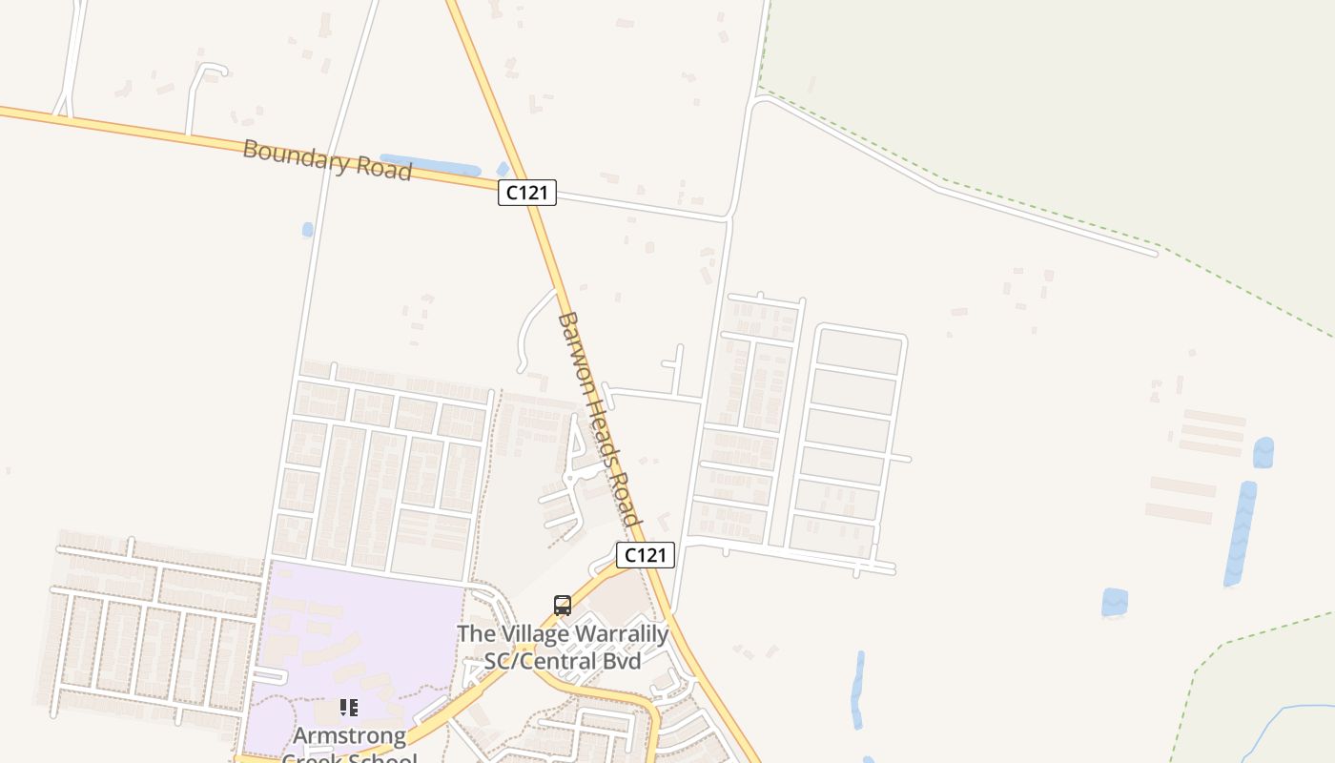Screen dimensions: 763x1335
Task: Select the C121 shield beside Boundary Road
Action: pyautogui.click(x=526, y=192)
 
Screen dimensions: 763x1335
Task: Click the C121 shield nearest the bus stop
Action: pyautogui.click(x=645, y=555)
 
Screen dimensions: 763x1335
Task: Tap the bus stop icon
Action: pyautogui.click(x=563, y=605)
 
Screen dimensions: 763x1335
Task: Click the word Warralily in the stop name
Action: pyautogui.click(x=621, y=633)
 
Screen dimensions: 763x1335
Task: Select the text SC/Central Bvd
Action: pyautogui.click(x=563, y=659)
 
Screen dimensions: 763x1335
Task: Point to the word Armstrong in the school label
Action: pyautogui.click(x=349, y=736)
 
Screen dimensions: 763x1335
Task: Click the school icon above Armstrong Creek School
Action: pyautogui.click(x=349, y=708)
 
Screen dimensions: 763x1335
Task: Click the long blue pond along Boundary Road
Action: pyautogui.click(x=429, y=165)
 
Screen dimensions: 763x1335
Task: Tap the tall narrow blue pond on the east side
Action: pyautogui.click(x=1241, y=534)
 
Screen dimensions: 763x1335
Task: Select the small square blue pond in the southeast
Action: pyautogui.click(x=1115, y=603)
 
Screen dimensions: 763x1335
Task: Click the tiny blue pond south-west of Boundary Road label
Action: pyautogui.click(x=307, y=230)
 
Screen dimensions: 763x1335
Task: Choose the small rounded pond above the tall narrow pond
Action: pyautogui.click(x=1263, y=452)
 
